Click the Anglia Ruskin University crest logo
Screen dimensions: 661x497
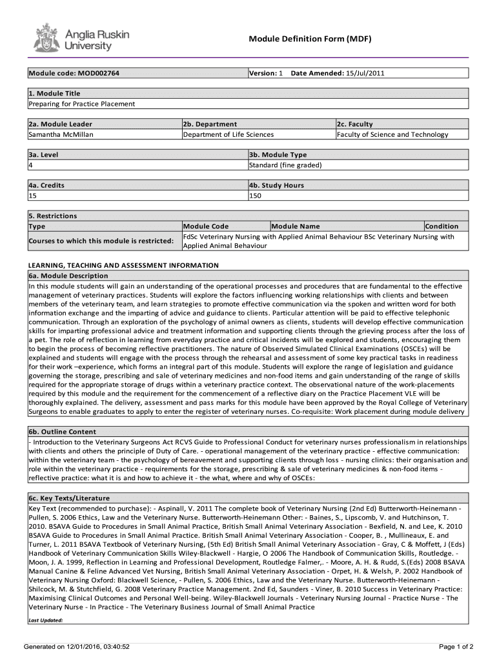tap(46, 37)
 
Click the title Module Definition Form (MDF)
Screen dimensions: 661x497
tap(310, 39)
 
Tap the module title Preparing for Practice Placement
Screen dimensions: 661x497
tap(81, 103)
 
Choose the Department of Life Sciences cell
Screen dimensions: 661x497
tap(228, 134)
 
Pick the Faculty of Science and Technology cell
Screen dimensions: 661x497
tap(392, 134)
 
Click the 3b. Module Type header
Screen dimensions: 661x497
tap(278, 155)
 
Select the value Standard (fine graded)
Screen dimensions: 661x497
tap(285, 165)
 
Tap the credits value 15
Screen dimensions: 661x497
tap(33, 196)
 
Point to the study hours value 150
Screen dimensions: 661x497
tap(255, 196)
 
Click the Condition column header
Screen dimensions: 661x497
tap(441, 226)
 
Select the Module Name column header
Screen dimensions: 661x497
tap(296, 226)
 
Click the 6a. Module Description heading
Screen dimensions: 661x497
tap(68, 276)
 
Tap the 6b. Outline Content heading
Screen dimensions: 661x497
tap(62, 432)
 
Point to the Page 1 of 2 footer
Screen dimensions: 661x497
tap(456, 646)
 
